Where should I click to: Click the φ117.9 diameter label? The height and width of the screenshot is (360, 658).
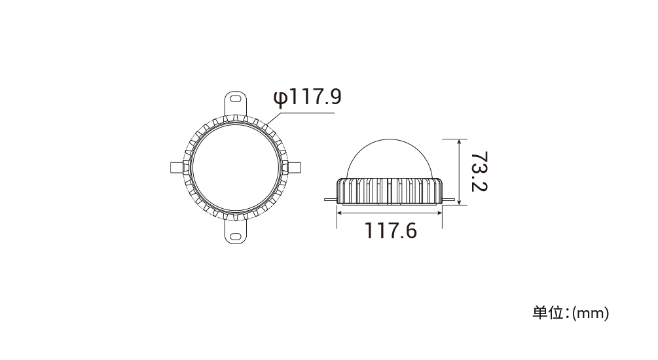[307, 97]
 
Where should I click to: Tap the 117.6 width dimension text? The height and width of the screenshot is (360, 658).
[391, 231]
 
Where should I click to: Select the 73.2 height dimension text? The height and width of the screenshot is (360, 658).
[479, 171]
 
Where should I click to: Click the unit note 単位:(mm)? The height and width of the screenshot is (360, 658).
[571, 313]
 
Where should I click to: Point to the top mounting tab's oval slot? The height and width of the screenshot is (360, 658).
[236, 99]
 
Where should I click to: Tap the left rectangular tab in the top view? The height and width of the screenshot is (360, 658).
[177, 168]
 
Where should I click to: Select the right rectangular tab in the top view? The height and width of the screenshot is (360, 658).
[295, 168]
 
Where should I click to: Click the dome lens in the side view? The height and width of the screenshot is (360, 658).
[390, 159]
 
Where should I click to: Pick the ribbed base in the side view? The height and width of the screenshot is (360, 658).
[390, 192]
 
